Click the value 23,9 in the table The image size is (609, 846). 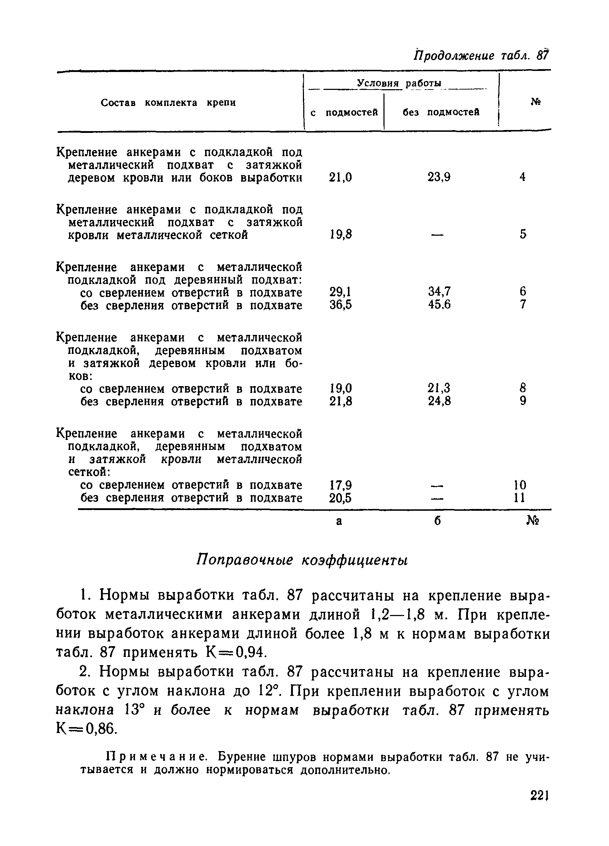[439, 177]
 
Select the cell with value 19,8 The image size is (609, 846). [341, 235]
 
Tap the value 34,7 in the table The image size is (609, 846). [439, 291]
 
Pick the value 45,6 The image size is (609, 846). [439, 305]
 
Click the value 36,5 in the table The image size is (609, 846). [340, 305]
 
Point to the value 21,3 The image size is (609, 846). [439, 388]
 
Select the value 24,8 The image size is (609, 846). [439, 402]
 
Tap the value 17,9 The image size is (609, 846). [340, 485]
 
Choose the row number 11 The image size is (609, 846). [519, 498]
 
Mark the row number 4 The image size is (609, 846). [522, 177]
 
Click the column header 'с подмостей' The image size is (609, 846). [344, 112]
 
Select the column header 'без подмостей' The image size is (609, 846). [441, 112]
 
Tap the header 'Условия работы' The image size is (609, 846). [399, 83]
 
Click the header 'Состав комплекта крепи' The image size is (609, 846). [168, 103]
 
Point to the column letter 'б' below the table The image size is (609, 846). [438, 521]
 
